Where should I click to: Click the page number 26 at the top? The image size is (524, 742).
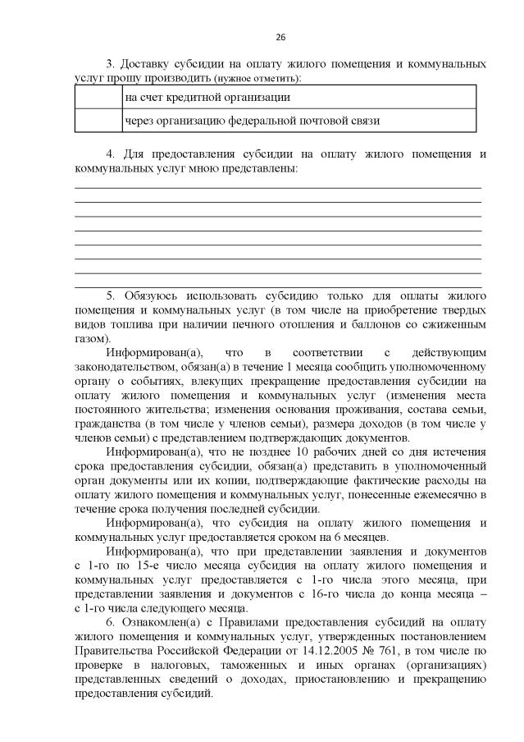280,38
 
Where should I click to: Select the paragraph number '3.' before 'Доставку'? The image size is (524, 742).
112,63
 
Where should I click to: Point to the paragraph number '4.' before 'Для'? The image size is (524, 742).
112,153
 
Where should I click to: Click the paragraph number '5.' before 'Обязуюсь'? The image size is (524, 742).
112,294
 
